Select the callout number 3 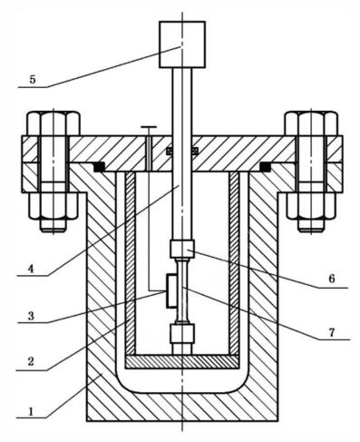pos(31,316)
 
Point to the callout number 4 pos(31,269)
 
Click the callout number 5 pos(33,79)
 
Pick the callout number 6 pos(332,279)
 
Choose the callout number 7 pos(332,333)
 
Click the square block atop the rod pos(182,44)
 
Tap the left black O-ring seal pos(99,167)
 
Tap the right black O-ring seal pos(265,167)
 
